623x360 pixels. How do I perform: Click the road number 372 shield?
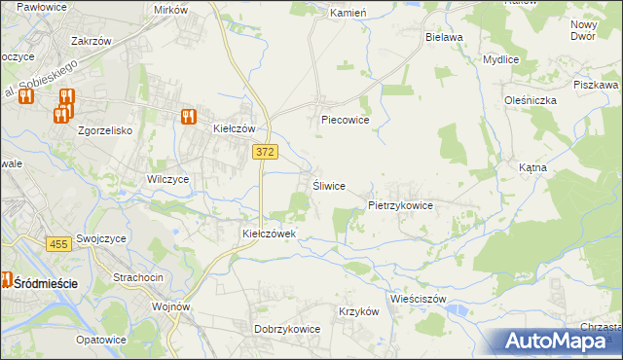(x=264, y=151)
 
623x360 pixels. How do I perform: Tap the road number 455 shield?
(x=57, y=244)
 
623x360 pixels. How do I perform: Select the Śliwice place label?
(x=328, y=186)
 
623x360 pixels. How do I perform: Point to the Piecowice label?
(x=346, y=122)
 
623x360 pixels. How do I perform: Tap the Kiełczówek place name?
(x=275, y=234)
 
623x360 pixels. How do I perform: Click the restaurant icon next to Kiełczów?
(x=189, y=116)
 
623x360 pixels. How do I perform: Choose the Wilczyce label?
(x=167, y=179)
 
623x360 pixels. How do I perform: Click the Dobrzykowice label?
(x=287, y=329)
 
